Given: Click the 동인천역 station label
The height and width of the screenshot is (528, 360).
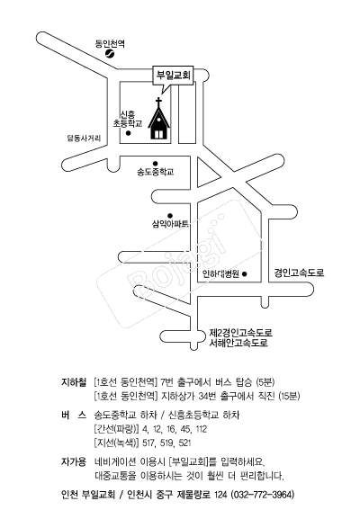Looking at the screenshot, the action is point(110,43).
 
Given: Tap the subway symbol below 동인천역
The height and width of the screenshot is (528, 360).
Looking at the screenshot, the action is point(110,54).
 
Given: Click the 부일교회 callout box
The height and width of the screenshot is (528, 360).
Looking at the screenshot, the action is point(174,75).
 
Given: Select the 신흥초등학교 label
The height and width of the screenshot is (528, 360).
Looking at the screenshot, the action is point(128,120).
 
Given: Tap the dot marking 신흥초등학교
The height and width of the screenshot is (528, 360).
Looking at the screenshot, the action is point(129,133).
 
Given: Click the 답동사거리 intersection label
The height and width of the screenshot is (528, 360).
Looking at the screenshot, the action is point(84,139).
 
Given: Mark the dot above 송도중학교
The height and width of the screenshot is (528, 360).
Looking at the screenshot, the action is point(156,164).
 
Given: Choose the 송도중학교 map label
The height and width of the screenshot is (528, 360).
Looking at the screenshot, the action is point(156,172).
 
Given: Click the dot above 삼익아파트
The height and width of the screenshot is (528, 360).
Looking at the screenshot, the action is point(170,216).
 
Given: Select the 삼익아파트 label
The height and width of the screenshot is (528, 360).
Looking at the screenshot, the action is point(170,224).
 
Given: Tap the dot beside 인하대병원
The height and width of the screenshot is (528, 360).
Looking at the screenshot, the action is point(245,274).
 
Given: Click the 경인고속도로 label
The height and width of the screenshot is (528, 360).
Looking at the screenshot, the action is point(300,273).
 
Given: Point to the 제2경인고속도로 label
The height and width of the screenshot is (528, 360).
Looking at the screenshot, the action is point(240,333).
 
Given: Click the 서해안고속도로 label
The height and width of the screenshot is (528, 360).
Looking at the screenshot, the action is point(238,343).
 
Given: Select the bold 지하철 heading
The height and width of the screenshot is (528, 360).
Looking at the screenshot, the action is point(74,382).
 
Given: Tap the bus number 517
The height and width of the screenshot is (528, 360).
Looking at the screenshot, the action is point(148,443).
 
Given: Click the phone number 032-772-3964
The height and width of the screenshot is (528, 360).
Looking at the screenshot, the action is point(263,495).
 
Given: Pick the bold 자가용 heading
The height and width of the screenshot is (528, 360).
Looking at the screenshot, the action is point(74,461).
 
